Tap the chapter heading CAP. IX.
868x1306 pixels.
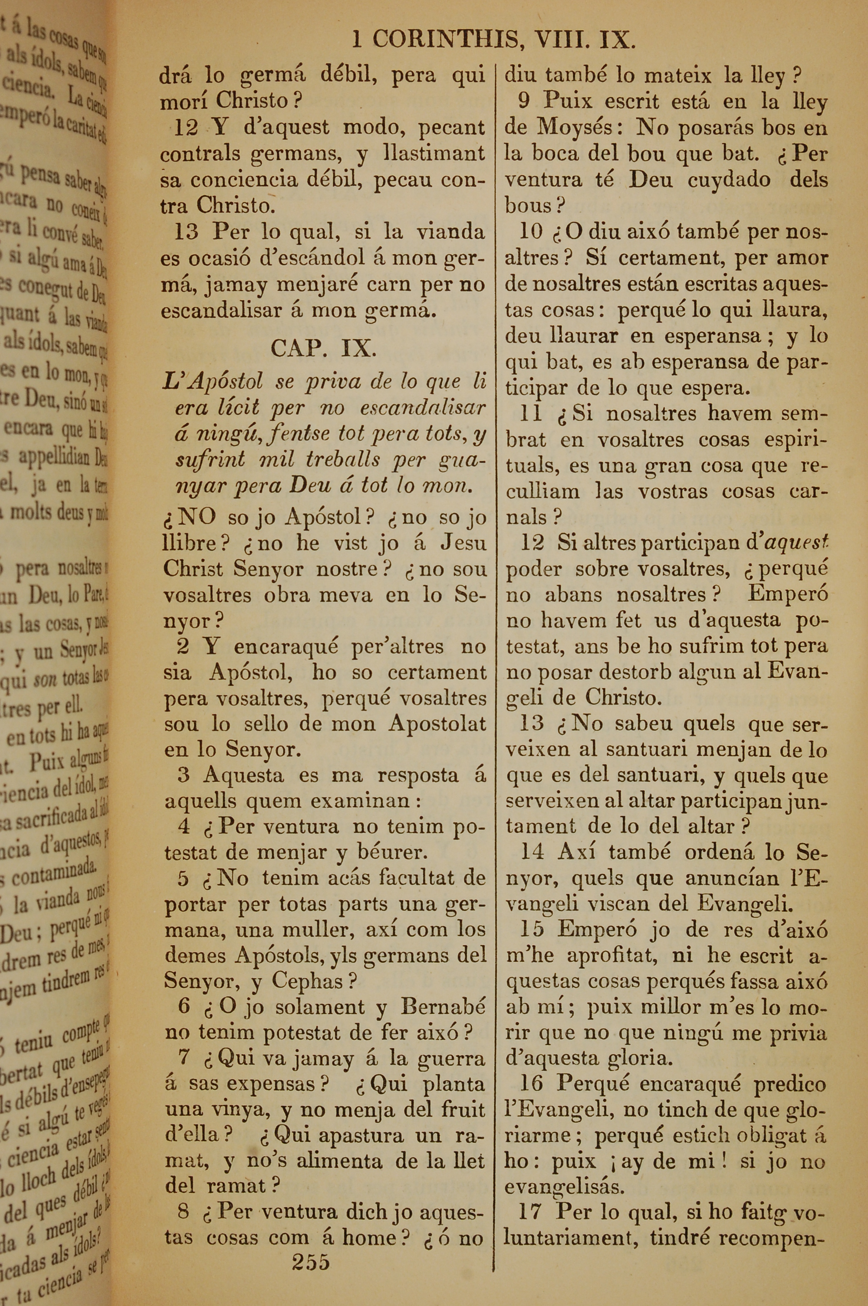point(324,348)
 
